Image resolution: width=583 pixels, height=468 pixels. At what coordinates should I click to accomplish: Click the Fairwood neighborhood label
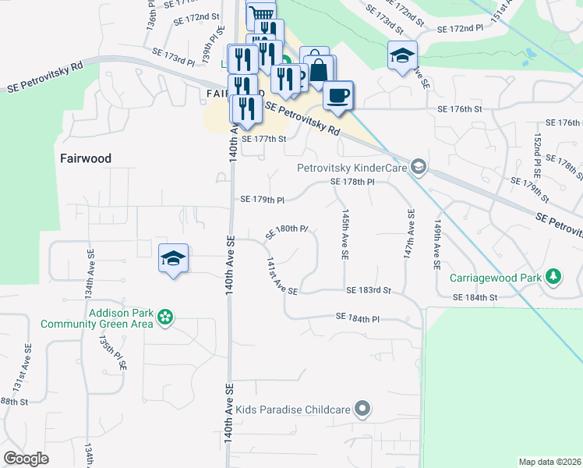point(86,158)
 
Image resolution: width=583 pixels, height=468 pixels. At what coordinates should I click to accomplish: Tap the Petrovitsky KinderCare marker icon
point(419,167)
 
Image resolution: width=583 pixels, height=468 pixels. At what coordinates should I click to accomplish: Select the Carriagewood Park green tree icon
point(553,278)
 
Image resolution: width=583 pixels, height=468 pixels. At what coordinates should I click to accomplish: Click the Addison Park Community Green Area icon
point(165,317)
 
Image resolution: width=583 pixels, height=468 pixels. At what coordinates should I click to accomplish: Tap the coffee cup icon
point(337,95)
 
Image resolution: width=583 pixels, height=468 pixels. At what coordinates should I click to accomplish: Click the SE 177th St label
point(265,139)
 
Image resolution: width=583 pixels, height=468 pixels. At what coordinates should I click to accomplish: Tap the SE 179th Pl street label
point(263,200)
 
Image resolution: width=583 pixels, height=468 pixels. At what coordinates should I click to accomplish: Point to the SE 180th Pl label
point(288,231)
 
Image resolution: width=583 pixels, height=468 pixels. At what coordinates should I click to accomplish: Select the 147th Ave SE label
point(408,233)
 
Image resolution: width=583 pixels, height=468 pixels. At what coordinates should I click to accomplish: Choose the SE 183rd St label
point(368,290)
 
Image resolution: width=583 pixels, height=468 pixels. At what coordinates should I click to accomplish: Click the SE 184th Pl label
point(358,317)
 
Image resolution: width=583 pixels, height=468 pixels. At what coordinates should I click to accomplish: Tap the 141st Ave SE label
point(281,275)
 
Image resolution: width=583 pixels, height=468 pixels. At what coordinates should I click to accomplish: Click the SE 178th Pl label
point(353,182)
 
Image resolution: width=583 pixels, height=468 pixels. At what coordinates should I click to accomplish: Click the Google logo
point(26,458)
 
